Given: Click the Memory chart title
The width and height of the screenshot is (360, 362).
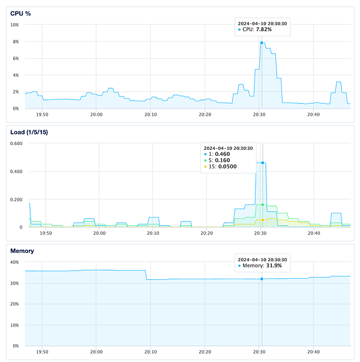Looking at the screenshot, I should [x=23, y=251].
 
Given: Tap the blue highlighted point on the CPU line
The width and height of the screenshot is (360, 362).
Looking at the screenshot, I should [x=262, y=43].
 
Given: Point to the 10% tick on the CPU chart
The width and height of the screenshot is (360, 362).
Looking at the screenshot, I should [x=15, y=25].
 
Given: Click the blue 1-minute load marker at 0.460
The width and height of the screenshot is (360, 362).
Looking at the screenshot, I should [x=262, y=162].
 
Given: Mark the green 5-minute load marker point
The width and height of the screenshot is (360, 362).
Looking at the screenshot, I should [x=262, y=205].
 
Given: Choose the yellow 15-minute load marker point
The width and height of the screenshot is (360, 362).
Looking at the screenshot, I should [x=262, y=220].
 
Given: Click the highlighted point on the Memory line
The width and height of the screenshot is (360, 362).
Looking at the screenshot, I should [x=262, y=279].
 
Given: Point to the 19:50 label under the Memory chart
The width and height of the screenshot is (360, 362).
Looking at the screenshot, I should [x=43, y=353].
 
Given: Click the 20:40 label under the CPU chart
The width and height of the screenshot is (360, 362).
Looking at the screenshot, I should [x=313, y=114].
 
